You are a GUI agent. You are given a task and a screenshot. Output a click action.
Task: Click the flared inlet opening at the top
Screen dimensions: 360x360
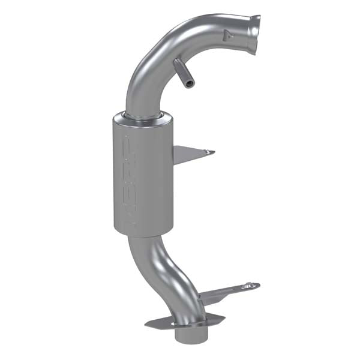point(254,34)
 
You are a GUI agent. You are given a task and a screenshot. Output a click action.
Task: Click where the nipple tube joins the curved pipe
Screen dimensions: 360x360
point(177,62)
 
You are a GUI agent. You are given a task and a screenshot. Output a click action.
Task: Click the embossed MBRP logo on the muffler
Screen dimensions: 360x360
point(127,180)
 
